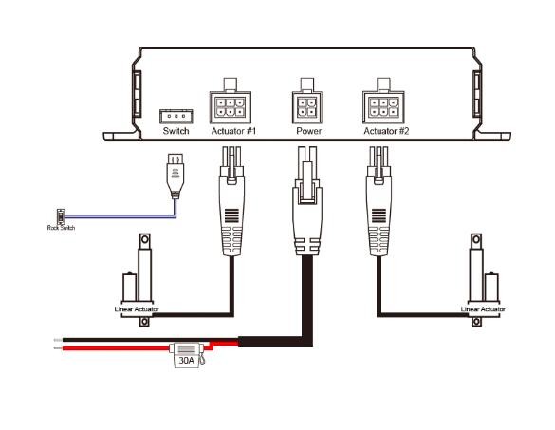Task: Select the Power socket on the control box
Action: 308,103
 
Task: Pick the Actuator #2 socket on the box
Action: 385,104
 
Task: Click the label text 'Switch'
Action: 177,134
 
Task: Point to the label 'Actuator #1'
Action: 231,134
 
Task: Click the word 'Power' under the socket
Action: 308,134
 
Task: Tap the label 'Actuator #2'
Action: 386,134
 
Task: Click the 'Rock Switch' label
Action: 60,229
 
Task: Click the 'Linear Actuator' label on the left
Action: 136,309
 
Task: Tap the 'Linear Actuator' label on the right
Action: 482,309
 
